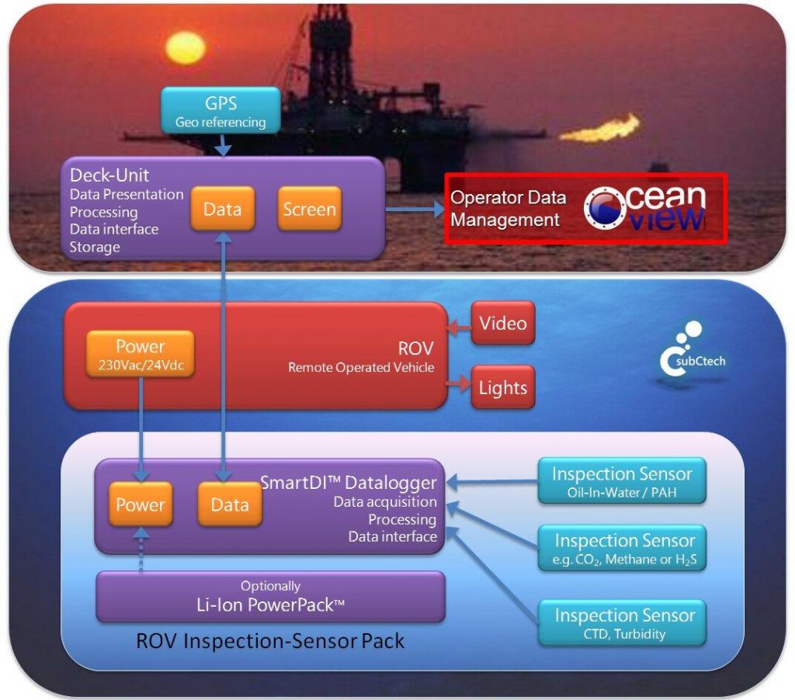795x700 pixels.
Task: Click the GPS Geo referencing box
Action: [220, 109]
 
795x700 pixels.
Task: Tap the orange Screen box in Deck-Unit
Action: [309, 209]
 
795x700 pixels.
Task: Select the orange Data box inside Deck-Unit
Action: [222, 209]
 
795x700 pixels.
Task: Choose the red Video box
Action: [502, 323]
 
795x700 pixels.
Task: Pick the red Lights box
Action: [502, 387]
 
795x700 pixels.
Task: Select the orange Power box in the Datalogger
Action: [141, 504]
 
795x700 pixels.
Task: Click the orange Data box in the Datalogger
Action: [229, 504]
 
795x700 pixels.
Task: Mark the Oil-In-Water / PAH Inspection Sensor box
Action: [622, 481]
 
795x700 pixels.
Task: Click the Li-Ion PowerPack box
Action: [270, 597]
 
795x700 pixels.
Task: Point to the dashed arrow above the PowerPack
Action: [141, 552]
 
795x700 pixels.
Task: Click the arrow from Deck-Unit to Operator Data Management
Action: [414, 210]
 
